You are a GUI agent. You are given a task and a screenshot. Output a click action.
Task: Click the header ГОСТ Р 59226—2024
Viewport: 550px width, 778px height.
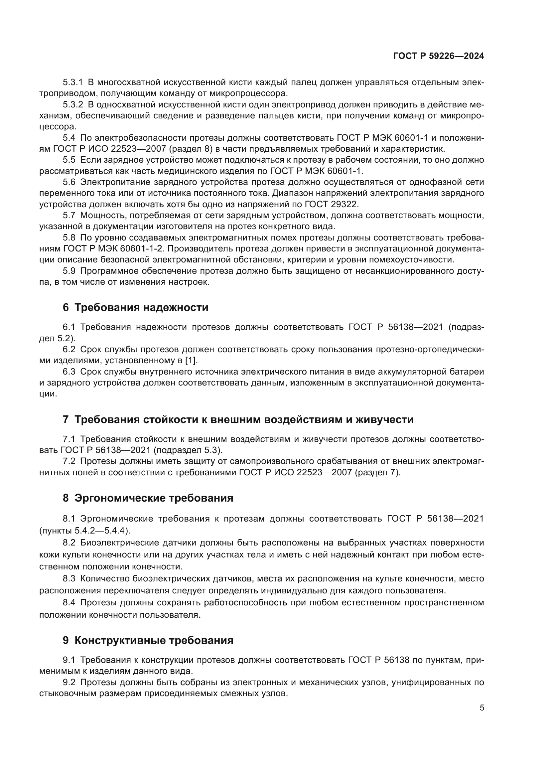point(438,56)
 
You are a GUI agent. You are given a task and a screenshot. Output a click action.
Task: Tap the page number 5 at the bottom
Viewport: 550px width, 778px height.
point(481,708)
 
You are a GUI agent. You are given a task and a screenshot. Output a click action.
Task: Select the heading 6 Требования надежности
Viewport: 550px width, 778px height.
point(135,308)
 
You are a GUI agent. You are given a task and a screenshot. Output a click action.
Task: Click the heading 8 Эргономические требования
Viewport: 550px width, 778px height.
point(148,498)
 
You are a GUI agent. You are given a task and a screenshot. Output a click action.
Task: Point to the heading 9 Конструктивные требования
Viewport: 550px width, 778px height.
point(148,640)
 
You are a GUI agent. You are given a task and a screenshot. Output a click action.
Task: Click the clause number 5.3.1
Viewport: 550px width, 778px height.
point(73,82)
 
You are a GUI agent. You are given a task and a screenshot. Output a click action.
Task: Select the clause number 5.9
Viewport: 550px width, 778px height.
point(69,271)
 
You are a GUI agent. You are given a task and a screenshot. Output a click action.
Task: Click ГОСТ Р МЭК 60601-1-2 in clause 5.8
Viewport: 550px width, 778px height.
point(113,249)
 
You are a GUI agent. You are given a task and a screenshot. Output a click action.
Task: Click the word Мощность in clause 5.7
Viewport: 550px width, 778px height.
point(101,216)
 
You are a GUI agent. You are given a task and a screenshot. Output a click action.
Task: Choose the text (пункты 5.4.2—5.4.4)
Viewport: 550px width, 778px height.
point(85,530)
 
